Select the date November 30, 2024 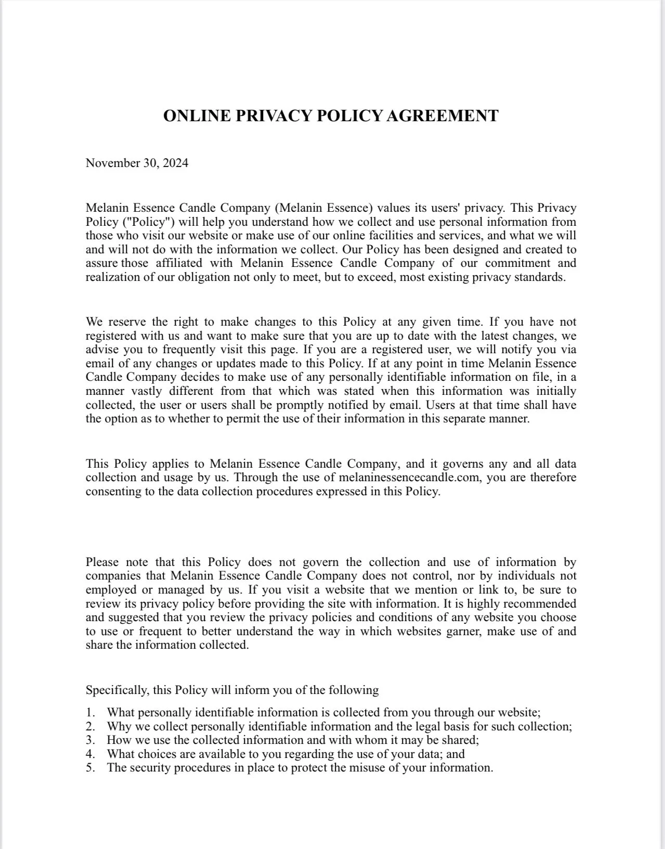point(137,163)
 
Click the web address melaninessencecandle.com point(409,478)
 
